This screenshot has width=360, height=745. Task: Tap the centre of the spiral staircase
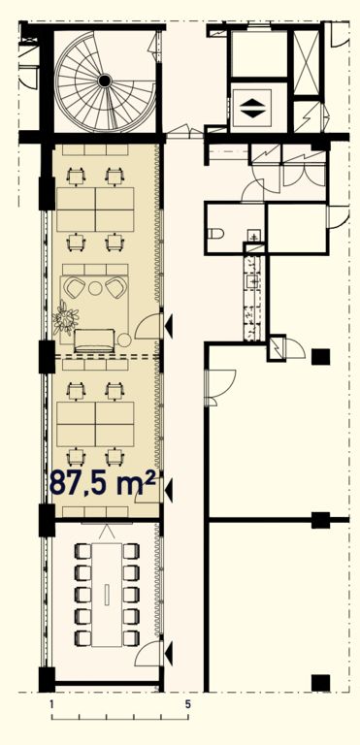[104, 81]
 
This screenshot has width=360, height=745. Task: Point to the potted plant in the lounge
[65, 317]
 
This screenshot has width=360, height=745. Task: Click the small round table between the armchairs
[96, 288]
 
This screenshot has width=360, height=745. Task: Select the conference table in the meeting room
[107, 594]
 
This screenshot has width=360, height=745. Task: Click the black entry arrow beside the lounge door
[168, 326]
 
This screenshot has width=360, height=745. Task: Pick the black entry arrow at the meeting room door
[168, 654]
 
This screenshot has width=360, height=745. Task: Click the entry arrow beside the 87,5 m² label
[168, 489]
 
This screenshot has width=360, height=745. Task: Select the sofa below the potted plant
[94, 340]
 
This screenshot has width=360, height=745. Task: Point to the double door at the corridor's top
[184, 132]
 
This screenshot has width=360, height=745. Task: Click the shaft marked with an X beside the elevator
[307, 63]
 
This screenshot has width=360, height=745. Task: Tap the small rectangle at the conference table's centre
[107, 594]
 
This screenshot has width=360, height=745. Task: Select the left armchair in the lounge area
[75, 287]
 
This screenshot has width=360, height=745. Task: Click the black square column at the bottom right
[320, 683]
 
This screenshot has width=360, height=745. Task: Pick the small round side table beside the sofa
[124, 340]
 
